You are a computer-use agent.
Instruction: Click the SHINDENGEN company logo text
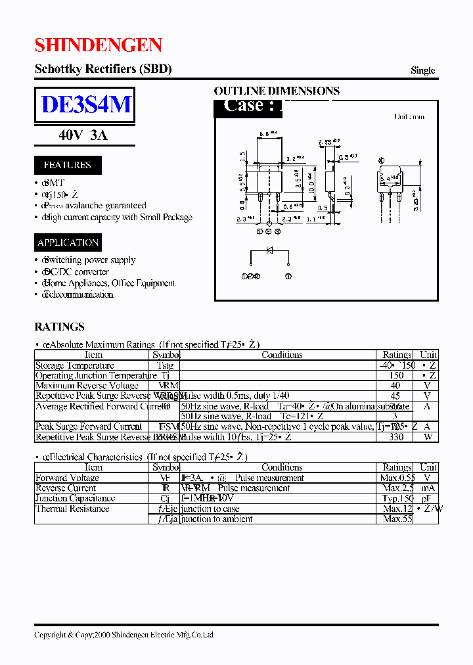98,45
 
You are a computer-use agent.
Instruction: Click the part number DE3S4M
85,105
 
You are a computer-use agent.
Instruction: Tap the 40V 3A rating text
83,135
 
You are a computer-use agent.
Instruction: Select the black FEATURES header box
68,165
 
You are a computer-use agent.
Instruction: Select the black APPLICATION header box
68,242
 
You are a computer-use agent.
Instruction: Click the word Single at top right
422,70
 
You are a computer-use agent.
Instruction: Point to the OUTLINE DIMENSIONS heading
277,91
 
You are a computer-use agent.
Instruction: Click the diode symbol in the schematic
269,250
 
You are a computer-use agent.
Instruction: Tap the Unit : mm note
409,116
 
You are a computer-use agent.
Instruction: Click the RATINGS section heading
59,327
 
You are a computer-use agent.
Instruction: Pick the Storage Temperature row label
74,365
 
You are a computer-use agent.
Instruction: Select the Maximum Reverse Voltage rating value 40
395,386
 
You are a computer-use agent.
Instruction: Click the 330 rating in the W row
395,437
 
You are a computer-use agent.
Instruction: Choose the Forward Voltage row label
67,478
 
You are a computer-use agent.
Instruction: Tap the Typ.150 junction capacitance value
397,499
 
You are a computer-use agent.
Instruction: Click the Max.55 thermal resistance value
397,519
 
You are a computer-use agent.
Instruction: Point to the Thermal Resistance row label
72,509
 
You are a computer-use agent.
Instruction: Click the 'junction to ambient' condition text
217,519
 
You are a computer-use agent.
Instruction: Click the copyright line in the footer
124,635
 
